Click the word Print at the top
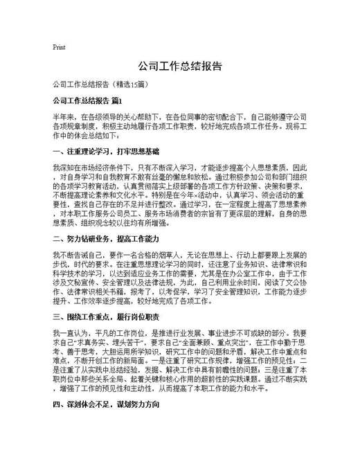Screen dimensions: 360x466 click(59, 48)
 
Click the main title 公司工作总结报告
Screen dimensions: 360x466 click(180, 66)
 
